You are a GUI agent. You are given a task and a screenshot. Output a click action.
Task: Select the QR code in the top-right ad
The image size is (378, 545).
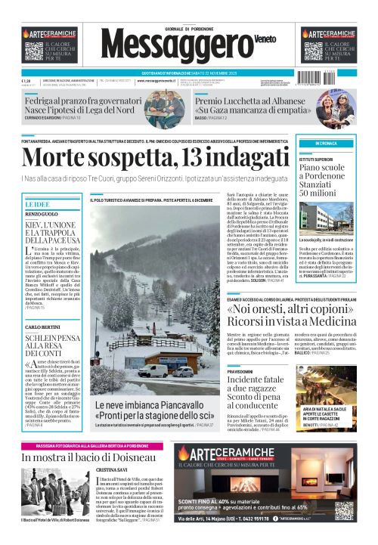(313, 51)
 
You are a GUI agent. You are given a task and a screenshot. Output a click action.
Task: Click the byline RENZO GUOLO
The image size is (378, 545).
(41, 215)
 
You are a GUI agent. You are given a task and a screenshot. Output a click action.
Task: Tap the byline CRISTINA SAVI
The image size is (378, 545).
(113, 471)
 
